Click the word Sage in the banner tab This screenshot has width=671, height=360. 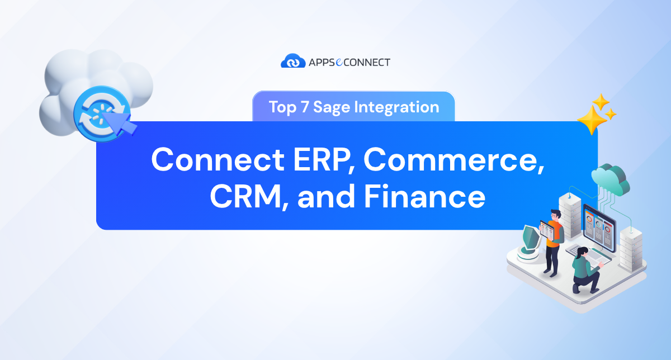point(330,107)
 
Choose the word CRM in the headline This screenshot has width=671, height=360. point(249,197)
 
